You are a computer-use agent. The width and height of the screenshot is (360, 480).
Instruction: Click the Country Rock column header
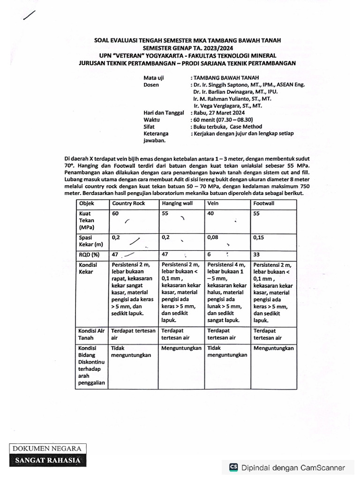(128, 203)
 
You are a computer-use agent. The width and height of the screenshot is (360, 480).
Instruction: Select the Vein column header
(214, 203)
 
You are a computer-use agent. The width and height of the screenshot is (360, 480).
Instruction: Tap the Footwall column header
(264, 203)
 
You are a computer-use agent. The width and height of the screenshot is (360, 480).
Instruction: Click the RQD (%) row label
(90, 255)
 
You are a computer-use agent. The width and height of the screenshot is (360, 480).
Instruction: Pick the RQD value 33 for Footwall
(257, 255)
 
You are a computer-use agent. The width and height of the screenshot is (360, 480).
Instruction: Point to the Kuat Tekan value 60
(115, 213)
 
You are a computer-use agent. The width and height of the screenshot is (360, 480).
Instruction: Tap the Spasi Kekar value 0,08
(213, 238)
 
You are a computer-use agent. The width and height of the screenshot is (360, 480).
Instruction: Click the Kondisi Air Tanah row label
(91, 334)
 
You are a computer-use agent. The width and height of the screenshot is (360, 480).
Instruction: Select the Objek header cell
(87, 203)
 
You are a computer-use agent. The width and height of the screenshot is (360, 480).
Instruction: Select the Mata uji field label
(154, 78)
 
